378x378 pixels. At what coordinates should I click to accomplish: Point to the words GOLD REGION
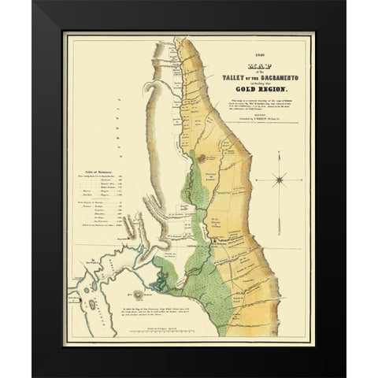point(260,88)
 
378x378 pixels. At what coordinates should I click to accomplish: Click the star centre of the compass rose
point(280,180)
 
